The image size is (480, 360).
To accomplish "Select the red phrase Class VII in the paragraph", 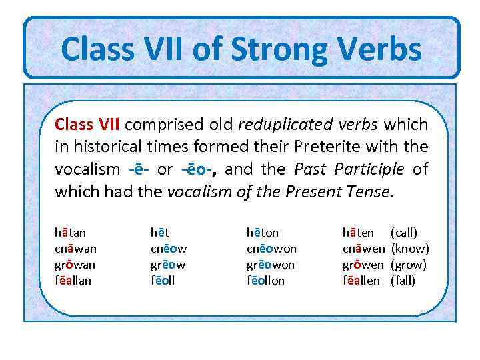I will pos(87,125).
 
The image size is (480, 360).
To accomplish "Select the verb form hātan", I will pos(70,233).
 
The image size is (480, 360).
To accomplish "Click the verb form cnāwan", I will pos(75,249).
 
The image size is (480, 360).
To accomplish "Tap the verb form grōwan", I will pos(75,265).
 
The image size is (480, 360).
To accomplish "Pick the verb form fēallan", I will pos(73,281).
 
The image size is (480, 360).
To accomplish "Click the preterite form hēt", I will pos(159,233).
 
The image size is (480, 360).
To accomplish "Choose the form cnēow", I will pos(168,249).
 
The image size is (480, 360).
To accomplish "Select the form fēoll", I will pos(163,281).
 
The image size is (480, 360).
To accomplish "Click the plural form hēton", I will pos(263,233).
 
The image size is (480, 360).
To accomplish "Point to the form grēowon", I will pos(271,265).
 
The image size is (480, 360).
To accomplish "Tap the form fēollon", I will pos(265,281).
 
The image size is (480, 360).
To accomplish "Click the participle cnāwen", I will pos(363,249).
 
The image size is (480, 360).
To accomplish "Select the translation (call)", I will pos(404,233).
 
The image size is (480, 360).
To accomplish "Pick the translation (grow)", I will pos(408,265).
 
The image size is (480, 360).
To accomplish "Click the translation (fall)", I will pos(403,281).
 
